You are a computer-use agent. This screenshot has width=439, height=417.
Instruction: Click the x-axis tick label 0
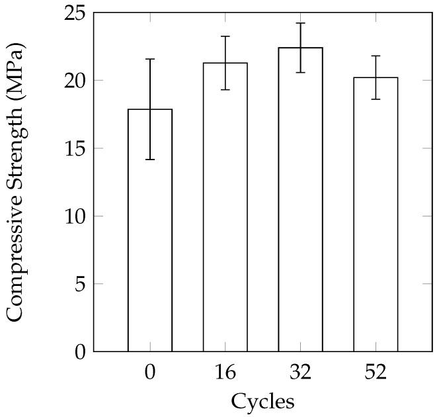click(x=150, y=371)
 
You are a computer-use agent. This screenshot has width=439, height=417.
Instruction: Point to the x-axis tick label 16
click(x=225, y=371)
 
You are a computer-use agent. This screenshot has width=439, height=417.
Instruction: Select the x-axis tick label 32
click(x=300, y=371)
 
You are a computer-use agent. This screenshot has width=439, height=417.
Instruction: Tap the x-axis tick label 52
click(x=376, y=371)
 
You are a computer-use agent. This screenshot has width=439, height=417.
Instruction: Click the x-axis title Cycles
click(x=262, y=401)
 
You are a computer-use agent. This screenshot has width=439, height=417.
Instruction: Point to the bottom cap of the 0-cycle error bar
click(x=150, y=160)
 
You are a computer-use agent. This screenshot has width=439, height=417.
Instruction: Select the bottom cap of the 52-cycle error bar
click(x=376, y=99)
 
